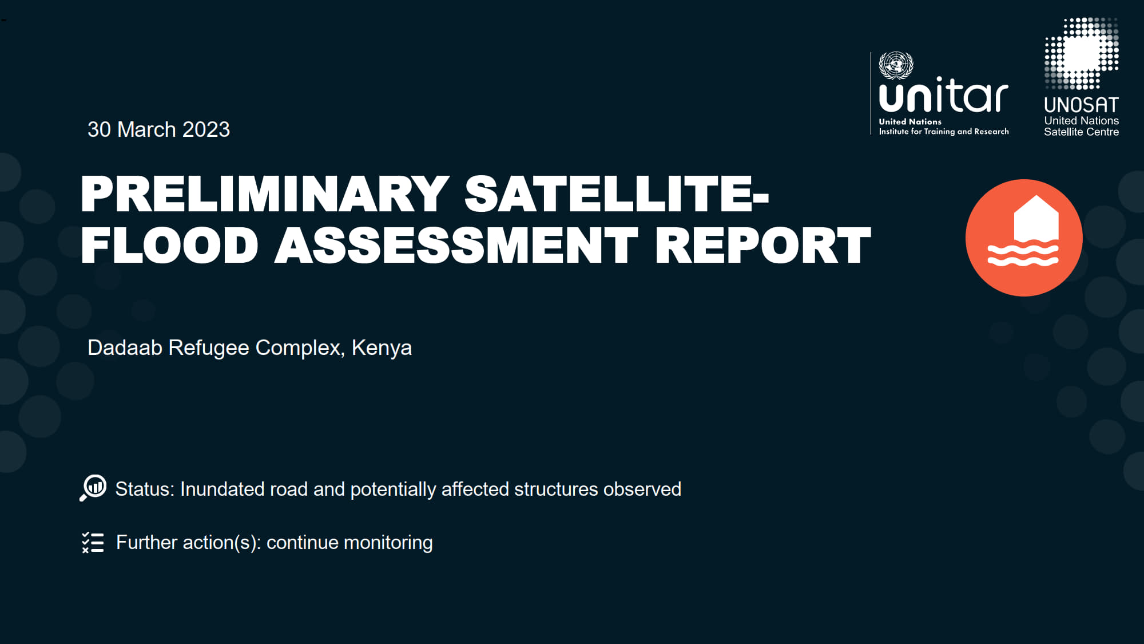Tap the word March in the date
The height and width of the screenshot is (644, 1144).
click(x=146, y=129)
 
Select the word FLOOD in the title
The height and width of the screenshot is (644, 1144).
click(x=170, y=245)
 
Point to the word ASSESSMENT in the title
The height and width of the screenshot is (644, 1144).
click(x=456, y=245)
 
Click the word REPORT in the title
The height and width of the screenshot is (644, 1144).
click(x=763, y=245)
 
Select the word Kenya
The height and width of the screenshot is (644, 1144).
click(x=382, y=347)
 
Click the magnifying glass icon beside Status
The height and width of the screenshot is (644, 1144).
click(x=93, y=488)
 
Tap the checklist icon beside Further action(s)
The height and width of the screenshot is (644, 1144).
click(x=93, y=542)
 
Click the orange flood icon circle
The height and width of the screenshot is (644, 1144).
click(x=1024, y=238)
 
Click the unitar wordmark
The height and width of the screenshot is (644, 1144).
click(x=943, y=96)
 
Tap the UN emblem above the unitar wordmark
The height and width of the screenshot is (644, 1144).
click(x=896, y=65)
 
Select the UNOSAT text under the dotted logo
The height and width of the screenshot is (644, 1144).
click(x=1081, y=105)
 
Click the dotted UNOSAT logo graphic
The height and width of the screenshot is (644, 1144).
click(x=1081, y=53)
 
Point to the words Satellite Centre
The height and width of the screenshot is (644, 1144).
click(x=1081, y=132)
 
